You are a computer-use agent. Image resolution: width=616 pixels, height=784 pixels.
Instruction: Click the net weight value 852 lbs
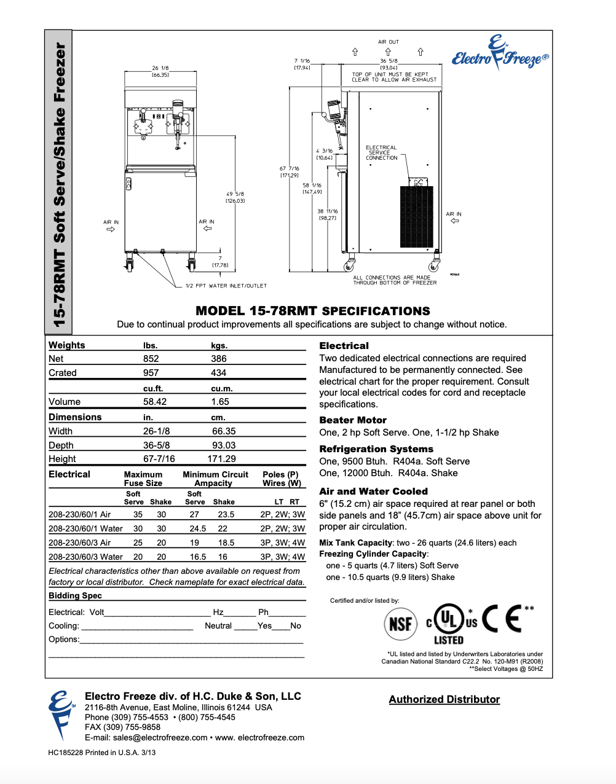(x=151, y=359)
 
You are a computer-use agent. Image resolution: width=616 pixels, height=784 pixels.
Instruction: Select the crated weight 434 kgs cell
(x=218, y=373)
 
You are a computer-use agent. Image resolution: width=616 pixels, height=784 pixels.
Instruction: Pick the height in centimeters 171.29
(x=221, y=459)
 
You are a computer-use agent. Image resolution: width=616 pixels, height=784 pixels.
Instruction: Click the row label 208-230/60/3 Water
(x=85, y=557)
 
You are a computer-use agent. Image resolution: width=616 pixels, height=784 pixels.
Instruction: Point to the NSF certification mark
(x=400, y=624)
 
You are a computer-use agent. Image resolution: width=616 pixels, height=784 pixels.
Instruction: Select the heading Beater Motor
(x=353, y=420)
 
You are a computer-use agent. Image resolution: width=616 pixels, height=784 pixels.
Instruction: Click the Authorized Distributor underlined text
(x=444, y=699)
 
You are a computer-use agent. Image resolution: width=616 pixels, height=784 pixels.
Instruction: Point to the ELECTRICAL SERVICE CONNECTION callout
(x=381, y=153)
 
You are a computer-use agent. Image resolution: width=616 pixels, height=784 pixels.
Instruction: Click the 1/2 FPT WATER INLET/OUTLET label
(x=226, y=286)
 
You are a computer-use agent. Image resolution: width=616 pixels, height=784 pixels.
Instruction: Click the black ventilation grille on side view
(x=416, y=217)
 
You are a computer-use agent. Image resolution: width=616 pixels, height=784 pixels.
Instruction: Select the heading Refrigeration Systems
(x=376, y=449)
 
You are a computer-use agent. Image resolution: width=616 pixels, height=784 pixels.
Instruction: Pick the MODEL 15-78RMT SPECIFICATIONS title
(x=313, y=311)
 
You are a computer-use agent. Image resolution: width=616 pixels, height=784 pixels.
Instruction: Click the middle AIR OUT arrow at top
(x=388, y=52)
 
